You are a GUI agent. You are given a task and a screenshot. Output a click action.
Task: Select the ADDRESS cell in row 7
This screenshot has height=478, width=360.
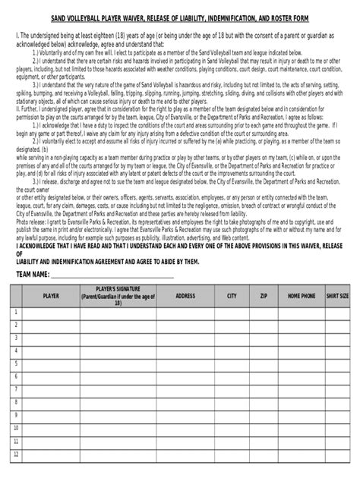185,398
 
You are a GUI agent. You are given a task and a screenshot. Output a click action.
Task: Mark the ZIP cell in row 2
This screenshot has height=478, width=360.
264,326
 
